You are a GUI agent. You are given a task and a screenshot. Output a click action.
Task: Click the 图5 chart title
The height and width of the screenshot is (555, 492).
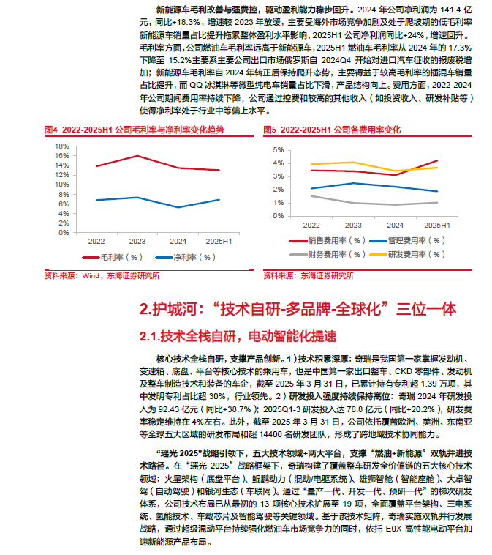332,130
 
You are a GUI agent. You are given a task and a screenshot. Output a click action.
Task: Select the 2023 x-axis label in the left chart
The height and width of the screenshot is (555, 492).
137,240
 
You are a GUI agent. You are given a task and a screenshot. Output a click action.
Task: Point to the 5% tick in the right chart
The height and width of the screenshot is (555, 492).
278,149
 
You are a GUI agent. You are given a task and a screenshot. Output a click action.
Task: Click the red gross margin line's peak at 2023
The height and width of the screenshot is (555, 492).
137,156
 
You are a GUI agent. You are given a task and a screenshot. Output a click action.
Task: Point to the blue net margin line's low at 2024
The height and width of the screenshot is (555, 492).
178,207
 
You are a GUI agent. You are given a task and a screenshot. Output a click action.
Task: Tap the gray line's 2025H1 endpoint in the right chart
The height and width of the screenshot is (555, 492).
437,203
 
